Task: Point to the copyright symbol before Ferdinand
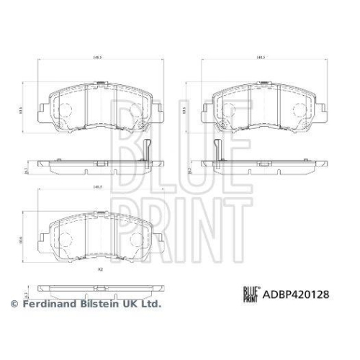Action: coord(14,305)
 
